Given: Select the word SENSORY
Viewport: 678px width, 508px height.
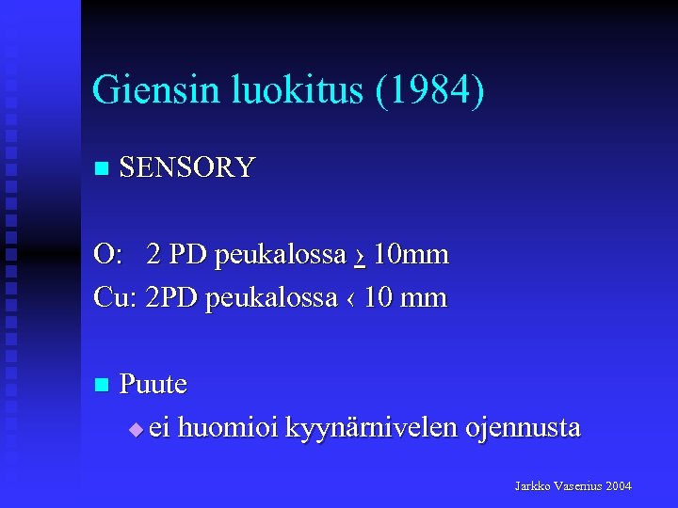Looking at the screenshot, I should click(187, 167).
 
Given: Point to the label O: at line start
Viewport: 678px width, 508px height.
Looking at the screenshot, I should click(107, 254).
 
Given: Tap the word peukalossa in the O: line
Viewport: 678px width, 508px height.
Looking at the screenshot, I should click(280, 254).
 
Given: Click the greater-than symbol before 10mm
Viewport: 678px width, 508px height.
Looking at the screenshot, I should click(361, 255).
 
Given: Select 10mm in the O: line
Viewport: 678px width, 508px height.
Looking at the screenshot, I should click(411, 254).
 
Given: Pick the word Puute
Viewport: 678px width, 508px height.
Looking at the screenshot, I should click(153, 384).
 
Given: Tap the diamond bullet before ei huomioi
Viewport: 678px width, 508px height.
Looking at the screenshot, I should click(135, 429).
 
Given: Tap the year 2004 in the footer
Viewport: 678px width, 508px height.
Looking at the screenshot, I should click(620, 486).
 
